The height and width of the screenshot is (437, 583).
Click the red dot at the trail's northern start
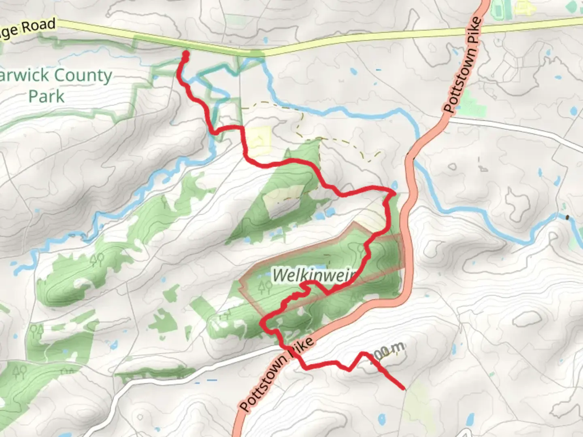pos(186,53)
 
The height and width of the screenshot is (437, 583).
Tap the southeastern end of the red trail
pos(404,388)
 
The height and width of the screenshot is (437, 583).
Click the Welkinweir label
pos(314,275)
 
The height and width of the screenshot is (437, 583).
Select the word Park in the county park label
pos(46,96)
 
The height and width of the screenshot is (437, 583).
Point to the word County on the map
pos(83,75)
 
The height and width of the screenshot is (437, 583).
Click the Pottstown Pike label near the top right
pos(463,65)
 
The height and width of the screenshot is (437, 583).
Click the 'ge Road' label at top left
pos(27,29)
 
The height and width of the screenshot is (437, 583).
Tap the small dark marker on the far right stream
pos(567,217)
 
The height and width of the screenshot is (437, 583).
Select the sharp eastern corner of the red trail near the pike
pos(394,193)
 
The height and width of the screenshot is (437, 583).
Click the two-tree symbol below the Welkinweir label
pos(265,288)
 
